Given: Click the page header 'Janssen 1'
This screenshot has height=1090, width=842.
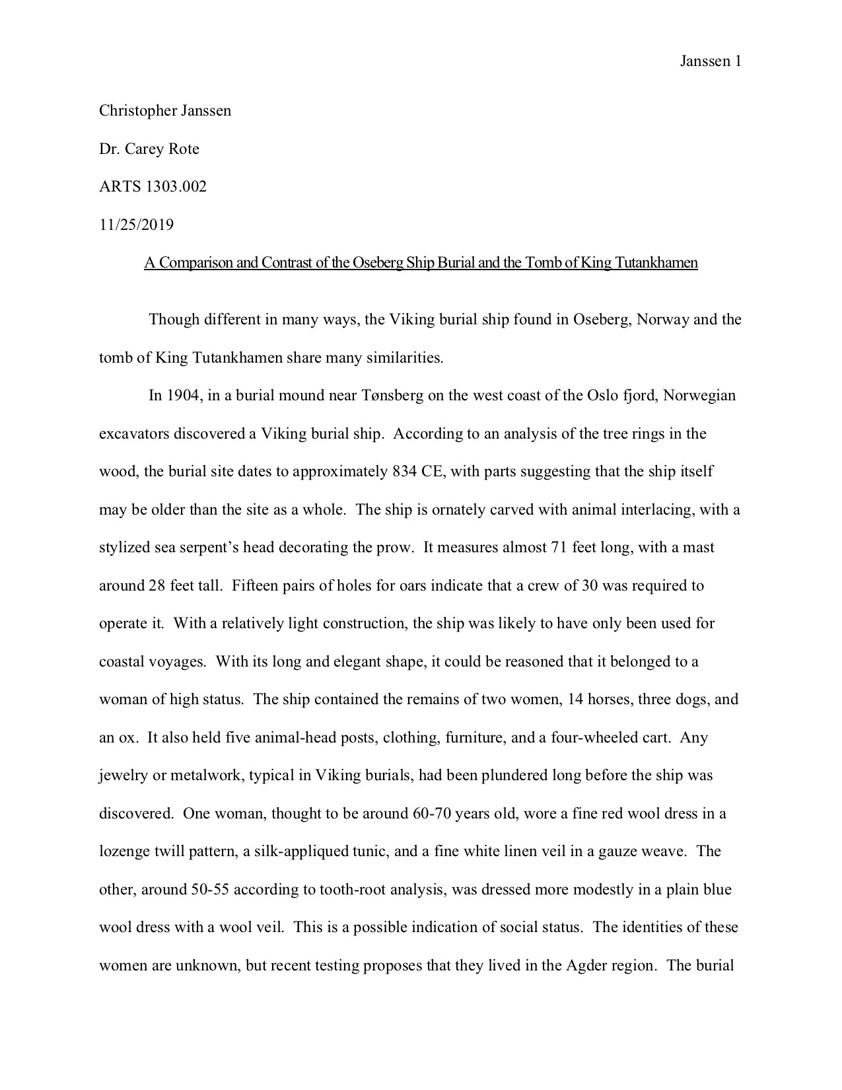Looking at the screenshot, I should coord(711,61).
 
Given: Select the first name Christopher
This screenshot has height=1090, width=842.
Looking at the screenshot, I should coord(135,110).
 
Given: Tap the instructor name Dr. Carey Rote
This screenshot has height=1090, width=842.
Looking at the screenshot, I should coord(149,149).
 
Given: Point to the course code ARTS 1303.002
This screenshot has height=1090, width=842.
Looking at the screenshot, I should coord(153,186).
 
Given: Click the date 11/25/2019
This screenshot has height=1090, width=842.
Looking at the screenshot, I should coord(136,225).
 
